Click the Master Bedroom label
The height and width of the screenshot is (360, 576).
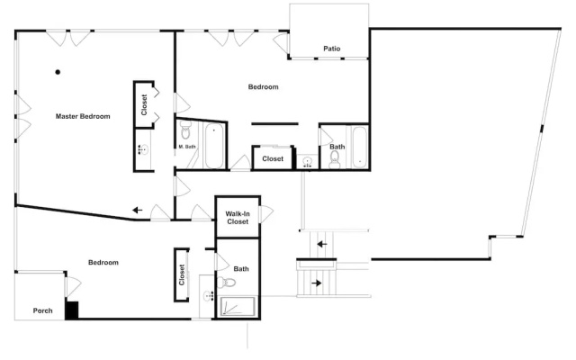click(x=83, y=116)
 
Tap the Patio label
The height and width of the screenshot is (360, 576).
click(x=332, y=49)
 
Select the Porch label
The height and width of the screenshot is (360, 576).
click(x=42, y=310)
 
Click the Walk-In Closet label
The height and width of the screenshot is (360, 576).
click(x=238, y=218)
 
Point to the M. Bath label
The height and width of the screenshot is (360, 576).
click(x=187, y=147)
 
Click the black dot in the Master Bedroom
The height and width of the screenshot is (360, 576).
click(x=58, y=72)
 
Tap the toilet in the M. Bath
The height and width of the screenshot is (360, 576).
click(x=185, y=130)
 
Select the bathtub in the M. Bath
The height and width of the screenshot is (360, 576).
click(x=214, y=146)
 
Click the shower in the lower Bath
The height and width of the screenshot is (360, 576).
click(x=238, y=306)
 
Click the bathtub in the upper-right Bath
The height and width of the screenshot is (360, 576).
click(x=359, y=147)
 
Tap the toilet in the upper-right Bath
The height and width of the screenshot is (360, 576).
click(x=335, y=160)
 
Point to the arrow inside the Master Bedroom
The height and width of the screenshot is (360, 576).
click(x=137, y=210)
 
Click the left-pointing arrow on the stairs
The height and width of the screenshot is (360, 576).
click(x=322, y=244)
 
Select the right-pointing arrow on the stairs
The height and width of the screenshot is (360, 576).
click(x=316, y=283)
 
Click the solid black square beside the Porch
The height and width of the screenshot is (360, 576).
click(x=72, y=310)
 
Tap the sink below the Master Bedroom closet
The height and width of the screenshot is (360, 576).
click(x=144, y=149)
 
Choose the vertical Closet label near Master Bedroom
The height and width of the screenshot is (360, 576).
click(x=144, y=104)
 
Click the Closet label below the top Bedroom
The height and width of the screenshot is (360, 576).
click(x=273, y=158)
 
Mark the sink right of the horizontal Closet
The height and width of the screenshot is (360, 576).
click(x=308, y=162)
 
